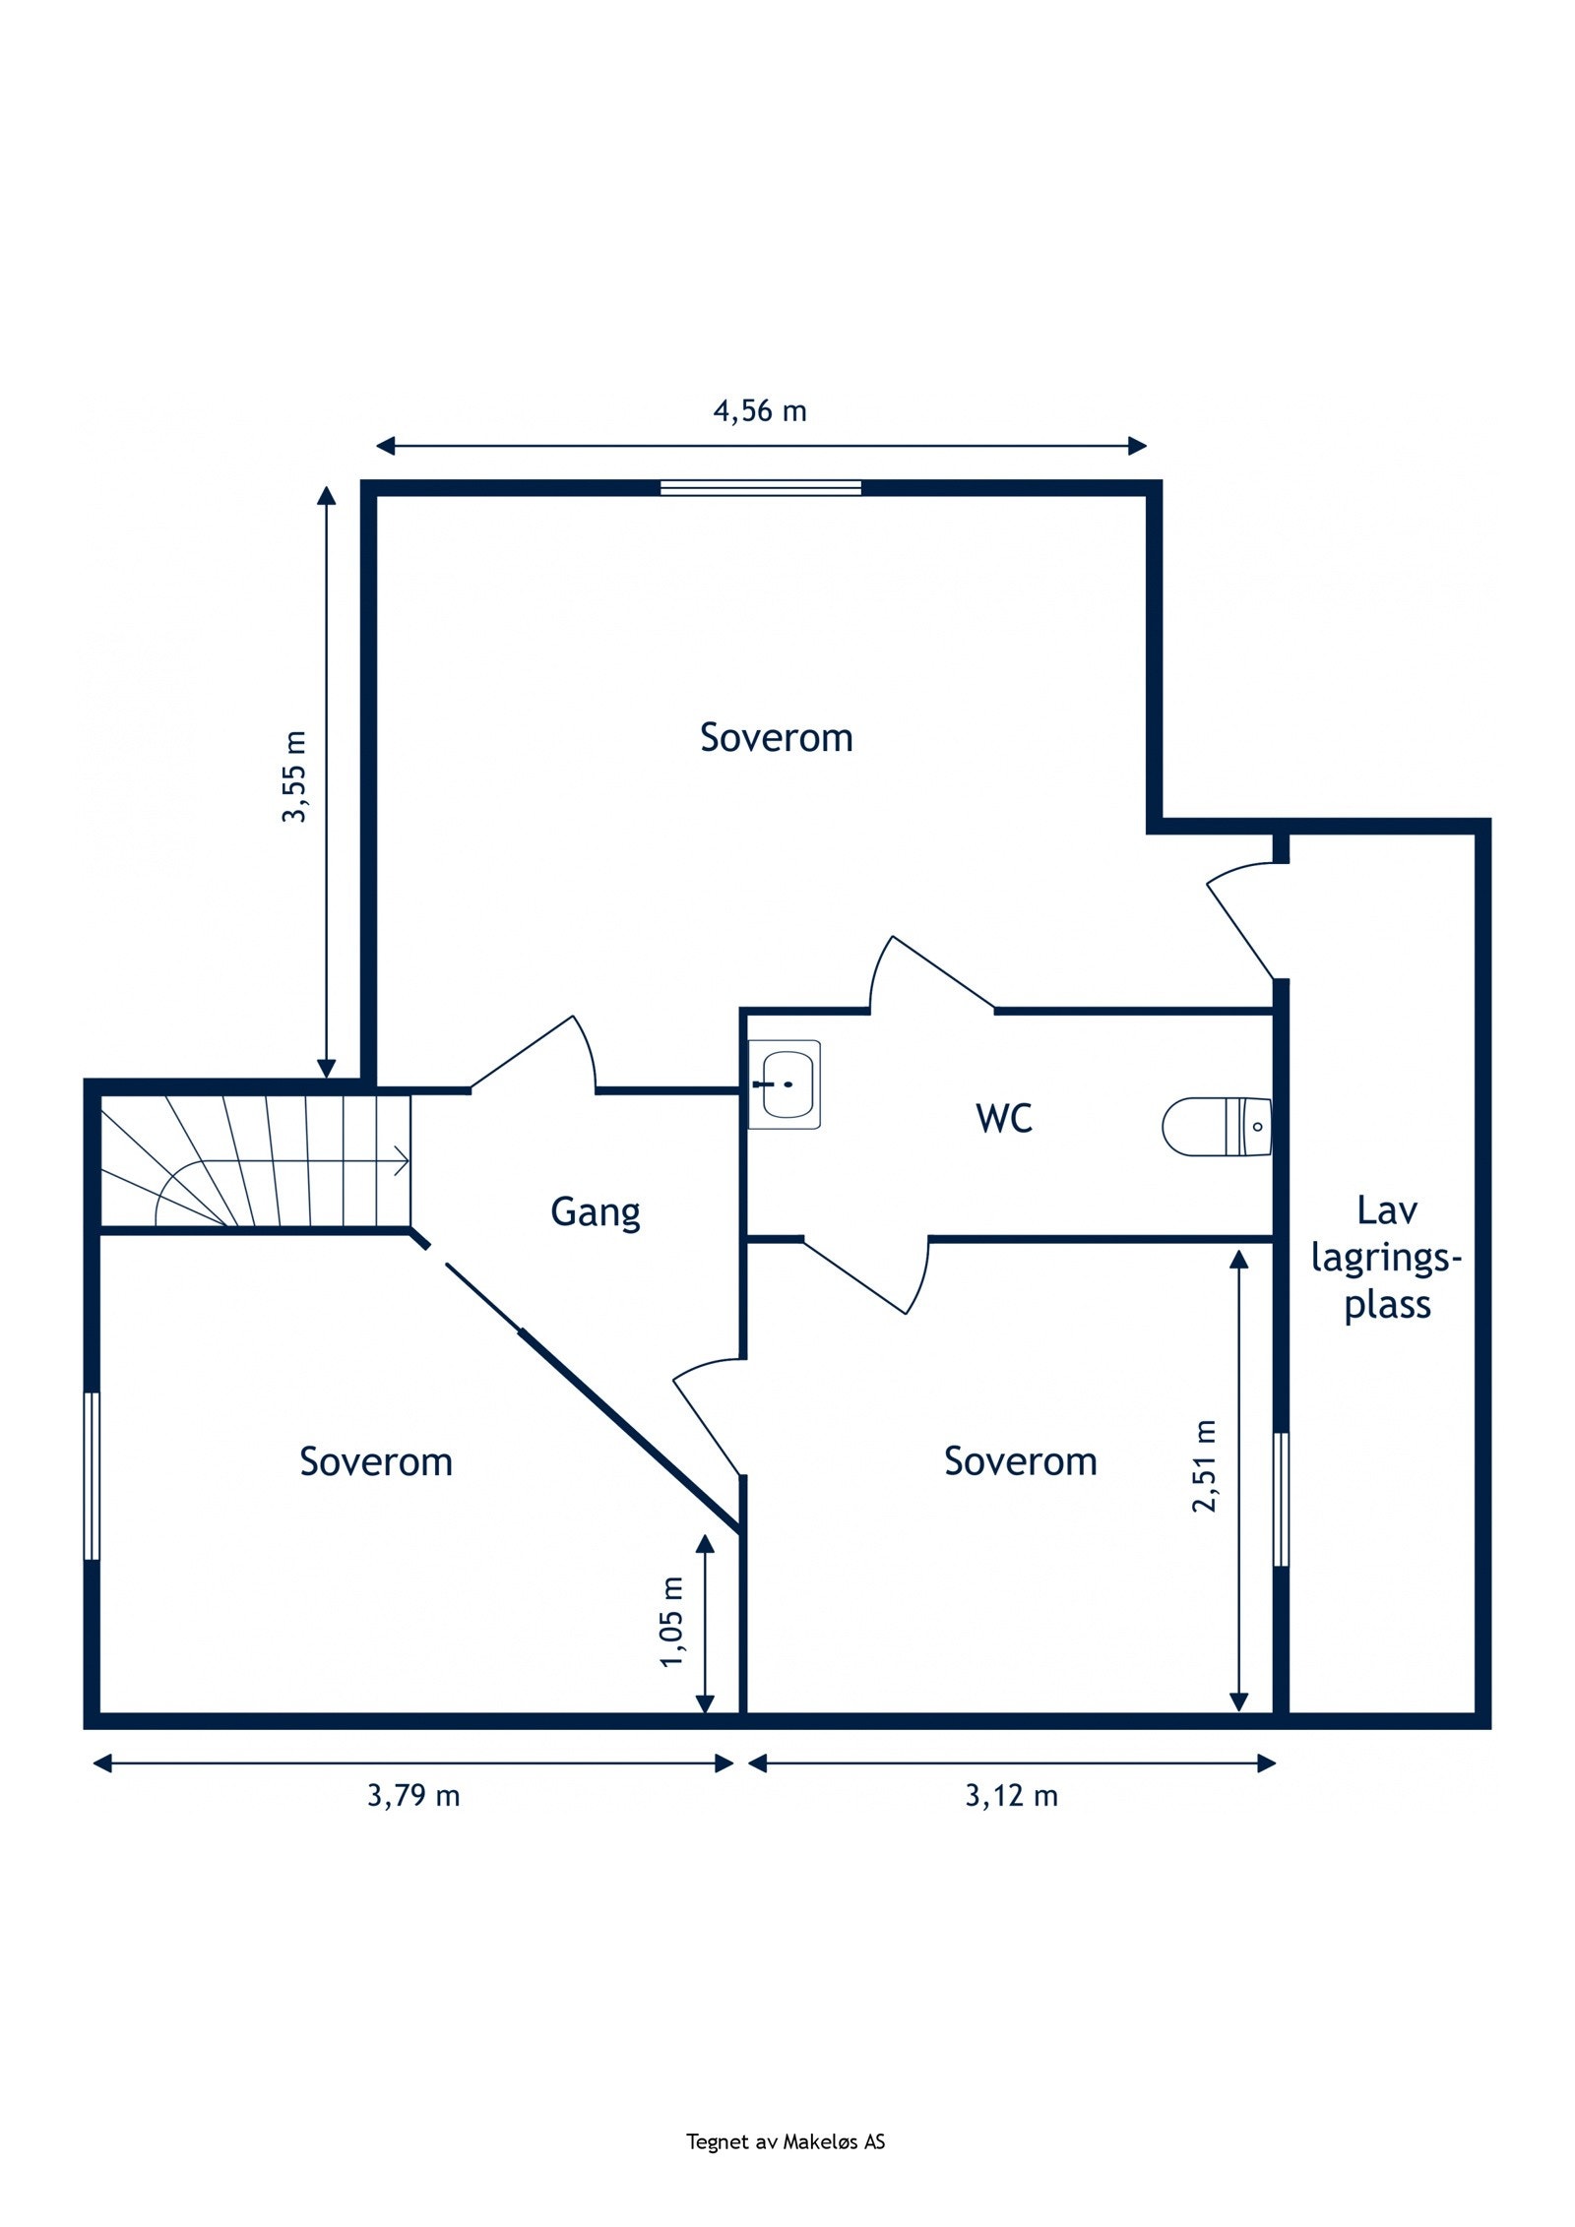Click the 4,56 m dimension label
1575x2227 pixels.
pyautogui.click(x=759, y=411)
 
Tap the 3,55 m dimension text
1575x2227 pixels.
pyautogui.click(x=295, y=776)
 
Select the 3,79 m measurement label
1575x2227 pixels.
pyautogui.click(x=413, y=1796)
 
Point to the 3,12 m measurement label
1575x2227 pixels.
pyautogui.click(x=1011, y=1796)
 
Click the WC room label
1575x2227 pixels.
pyautogui.click(x=1004, y=1118)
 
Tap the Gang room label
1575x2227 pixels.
pyautogui.click(x=595, y=1211)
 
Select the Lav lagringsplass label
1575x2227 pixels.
pyautogui.click(x=1386, y=1258)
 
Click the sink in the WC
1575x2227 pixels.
pyautogui.click(x=785, y=1083)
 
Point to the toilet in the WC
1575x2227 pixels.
pyautogui.click(x=1217, y=1126)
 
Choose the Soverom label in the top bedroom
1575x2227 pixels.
pyautogui.click(x=776, y=737)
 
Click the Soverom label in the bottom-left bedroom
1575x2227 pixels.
pyautogui.click(x=376, y=1461)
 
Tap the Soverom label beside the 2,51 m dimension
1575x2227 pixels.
pyautogui.click(x=1020, y=1461)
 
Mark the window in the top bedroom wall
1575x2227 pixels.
pyautogui.click(x=760, y=487)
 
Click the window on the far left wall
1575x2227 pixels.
pyautogui.click(x=92, y=1475)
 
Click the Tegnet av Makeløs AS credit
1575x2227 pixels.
pyautogui.click(x=786, y=2141)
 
